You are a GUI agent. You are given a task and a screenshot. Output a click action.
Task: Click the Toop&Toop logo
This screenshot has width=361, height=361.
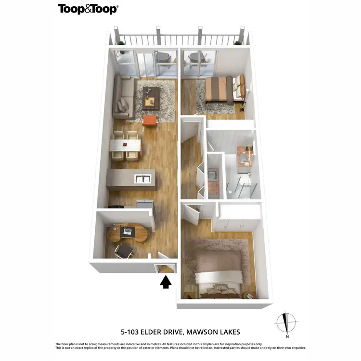pos(88,9)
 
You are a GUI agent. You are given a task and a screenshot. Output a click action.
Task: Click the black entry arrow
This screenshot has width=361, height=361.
pos(166,282)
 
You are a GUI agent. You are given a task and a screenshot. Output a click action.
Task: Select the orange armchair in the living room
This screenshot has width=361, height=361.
pos(150,121)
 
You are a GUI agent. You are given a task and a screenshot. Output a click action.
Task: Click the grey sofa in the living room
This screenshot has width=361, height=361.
pos(124,98)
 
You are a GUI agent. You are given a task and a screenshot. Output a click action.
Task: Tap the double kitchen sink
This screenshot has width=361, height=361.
pos(142,179)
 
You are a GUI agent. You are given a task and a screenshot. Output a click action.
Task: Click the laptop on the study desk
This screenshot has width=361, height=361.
pos(128,232)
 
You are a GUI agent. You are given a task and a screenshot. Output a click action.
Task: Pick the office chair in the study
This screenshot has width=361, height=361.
pos(124,250)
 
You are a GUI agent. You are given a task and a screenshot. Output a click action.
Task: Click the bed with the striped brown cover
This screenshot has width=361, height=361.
pos(219,90)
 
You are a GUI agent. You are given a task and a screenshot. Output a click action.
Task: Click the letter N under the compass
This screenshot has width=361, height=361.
pos(287,336)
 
